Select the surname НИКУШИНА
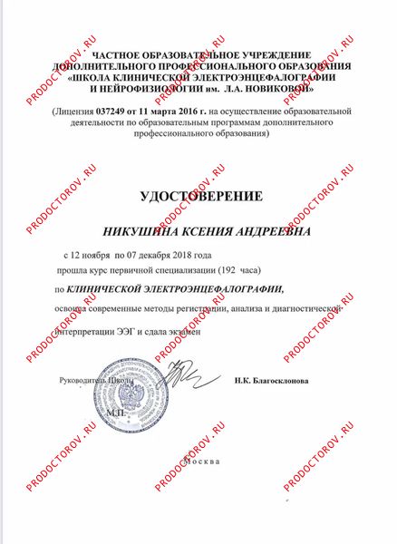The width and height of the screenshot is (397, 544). [x=149, y=233]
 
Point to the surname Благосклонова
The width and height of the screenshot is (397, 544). [x=281, y=382]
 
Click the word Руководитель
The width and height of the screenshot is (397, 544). [x=84, y=382]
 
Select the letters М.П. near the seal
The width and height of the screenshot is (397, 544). [x=119, y=413]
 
